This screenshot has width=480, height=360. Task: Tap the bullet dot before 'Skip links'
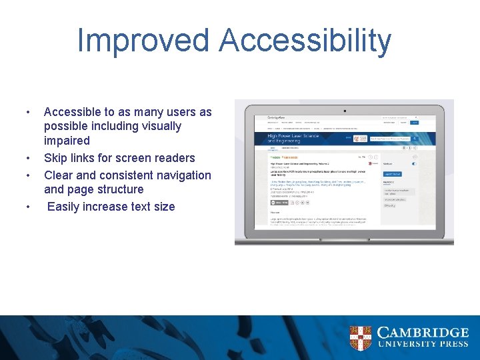[x=27, y=159]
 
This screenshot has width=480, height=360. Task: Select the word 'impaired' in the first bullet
[x=67, y=141]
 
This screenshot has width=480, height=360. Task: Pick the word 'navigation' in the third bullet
[x=180, y=175]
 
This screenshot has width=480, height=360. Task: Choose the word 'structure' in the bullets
[x=119, y=189]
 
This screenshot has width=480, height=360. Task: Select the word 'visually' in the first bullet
[x=157, y=126]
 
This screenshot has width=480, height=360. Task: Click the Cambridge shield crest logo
[x=360, y=338]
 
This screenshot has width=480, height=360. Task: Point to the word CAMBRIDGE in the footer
[x=423, y=332]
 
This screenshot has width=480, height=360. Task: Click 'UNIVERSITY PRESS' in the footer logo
[x=423, y=345]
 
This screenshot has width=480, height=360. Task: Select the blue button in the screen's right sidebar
[x=392, y=174]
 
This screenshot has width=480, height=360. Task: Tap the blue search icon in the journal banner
[x=415, y=139]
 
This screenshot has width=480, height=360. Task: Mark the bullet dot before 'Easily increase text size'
[x=27, y=207]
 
